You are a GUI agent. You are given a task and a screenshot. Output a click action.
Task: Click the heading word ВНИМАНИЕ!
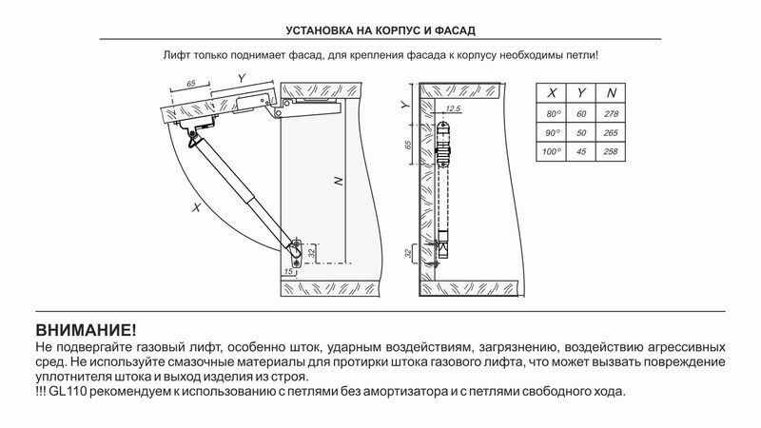click(86, 330)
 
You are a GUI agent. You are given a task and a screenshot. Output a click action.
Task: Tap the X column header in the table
click(551, 94)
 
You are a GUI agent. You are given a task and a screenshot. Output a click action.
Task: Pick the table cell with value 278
click(610, 114)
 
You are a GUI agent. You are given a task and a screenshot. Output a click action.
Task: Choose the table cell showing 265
click(610, 132)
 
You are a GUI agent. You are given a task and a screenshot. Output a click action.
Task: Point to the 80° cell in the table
click(551, 114)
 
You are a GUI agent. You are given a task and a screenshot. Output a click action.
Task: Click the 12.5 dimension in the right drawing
click(452, 112)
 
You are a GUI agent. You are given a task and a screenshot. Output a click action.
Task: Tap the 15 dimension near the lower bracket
click(288, 272)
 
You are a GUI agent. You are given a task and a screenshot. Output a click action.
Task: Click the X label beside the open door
click(196, 206)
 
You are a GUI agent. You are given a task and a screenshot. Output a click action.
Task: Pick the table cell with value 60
click(580, 114)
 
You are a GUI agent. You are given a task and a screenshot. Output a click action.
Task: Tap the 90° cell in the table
click(551, 132)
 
